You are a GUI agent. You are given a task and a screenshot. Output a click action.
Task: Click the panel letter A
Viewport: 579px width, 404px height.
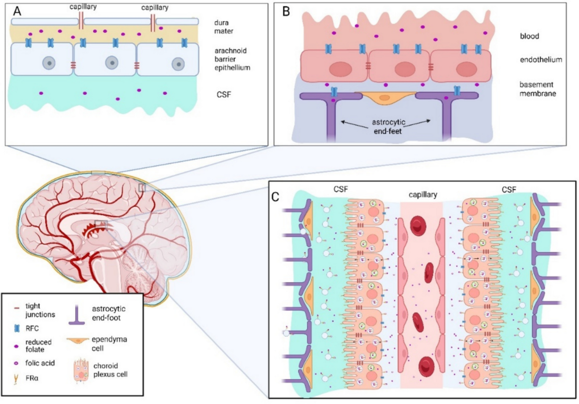click(17, 11)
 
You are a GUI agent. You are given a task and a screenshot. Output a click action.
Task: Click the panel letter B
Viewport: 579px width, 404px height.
click(286, 12)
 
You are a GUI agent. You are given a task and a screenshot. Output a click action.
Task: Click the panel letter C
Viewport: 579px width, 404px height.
click(276, 197)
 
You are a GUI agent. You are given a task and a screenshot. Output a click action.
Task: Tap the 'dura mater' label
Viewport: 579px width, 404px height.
click(223, 27)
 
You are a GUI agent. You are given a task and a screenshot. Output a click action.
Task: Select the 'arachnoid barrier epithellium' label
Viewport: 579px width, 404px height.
click(232, 59)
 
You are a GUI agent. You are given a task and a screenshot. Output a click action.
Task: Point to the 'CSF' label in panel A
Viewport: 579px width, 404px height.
click(224, 95)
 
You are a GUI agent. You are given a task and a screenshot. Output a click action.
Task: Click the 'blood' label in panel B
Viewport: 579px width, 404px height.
click(529, 36)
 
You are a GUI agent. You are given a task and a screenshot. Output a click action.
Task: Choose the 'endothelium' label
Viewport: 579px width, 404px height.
click(541, 60)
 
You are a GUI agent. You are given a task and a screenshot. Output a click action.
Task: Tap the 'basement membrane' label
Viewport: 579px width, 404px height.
click(538, 89)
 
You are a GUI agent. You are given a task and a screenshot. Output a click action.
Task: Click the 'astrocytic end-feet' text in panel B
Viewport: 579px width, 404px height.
click(388, 127)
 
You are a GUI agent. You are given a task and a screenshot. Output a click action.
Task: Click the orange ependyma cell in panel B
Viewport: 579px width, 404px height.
click(385, 98)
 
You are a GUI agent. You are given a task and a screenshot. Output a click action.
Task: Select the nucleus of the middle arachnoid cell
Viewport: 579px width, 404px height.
click(112, 63)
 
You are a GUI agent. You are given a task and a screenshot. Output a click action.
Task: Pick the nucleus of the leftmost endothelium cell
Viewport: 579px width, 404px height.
click(340, 70)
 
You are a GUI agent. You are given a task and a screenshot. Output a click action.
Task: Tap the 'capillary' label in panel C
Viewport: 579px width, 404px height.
click(423, 195)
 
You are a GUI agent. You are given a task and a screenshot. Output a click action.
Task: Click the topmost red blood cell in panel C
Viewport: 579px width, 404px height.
click(418, 226)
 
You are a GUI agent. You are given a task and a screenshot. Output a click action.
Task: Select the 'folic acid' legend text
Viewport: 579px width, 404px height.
click(40, 363)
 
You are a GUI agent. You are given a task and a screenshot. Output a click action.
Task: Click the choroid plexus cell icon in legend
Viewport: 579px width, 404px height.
click(82, 370)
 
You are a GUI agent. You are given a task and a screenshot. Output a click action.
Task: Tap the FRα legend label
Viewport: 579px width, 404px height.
click(32, 378)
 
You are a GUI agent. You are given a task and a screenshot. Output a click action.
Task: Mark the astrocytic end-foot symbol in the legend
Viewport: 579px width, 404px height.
click(77, 314)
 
